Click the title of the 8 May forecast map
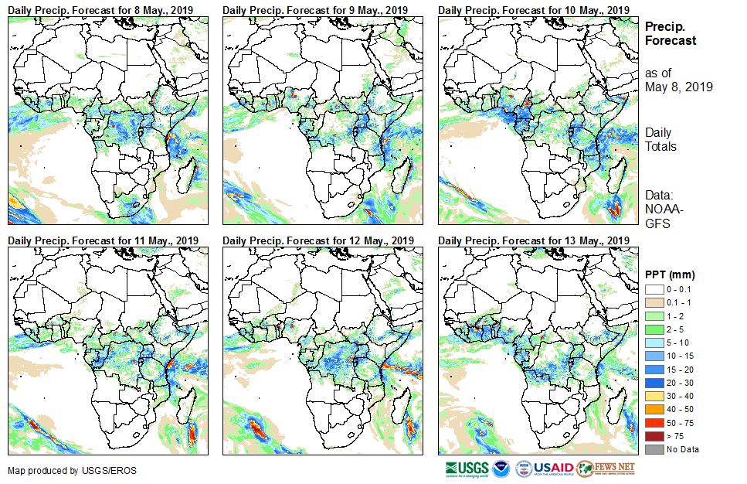coord(100,9)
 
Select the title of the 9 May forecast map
coord(315,9)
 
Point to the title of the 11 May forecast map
coord(103,240)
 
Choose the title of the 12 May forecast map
coord(318,240)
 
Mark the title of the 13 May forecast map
coord(533,240)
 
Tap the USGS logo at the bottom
coord(467,469)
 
